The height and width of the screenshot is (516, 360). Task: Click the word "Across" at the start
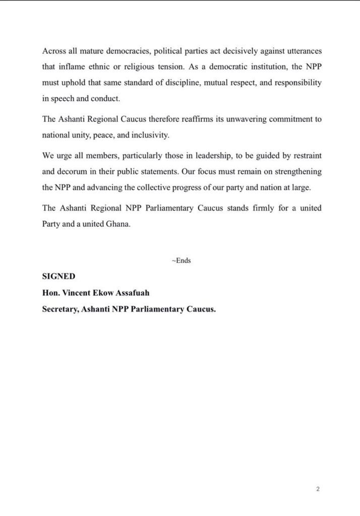54,52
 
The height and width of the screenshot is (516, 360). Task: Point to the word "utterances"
302,52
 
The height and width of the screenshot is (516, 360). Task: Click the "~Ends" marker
181,261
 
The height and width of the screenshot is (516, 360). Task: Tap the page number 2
318,489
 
